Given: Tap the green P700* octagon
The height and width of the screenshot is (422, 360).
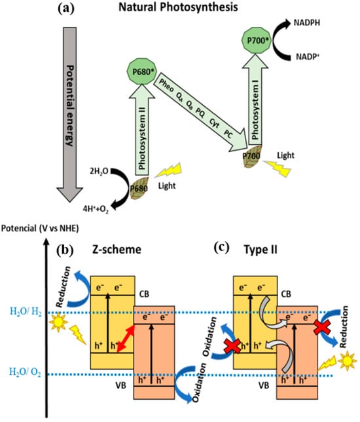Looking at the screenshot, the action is point(257,41).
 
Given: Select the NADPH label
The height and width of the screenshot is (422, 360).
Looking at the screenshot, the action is point(306,22).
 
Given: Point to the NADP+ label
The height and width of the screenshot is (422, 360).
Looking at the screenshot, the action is point(308,57).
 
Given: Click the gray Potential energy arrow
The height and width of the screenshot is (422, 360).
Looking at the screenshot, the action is point(70,115).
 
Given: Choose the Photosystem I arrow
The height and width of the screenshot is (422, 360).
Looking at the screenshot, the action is point(255,100).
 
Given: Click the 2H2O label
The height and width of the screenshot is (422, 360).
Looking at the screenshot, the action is point(99,171).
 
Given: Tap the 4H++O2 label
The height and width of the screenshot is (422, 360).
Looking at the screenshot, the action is point(96,209).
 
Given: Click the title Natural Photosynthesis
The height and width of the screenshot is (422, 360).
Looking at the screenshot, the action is point(178,7).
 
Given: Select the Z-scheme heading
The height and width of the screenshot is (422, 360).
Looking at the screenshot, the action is point(117,250).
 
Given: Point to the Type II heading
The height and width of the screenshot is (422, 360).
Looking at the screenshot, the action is point(261,250).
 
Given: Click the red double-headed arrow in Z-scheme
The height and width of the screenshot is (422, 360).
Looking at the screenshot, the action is point(126,338).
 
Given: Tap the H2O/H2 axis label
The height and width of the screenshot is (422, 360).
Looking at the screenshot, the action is point(26,312).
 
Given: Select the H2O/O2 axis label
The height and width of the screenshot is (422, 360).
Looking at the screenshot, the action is point(26,372).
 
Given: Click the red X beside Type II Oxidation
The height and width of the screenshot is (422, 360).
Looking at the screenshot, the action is point(232,346).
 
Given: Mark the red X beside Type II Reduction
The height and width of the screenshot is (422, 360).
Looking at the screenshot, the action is point(322,327).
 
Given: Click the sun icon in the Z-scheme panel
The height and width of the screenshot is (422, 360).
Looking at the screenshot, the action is point(58,322).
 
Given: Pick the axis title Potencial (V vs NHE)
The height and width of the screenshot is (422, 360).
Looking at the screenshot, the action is point(40,229).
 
